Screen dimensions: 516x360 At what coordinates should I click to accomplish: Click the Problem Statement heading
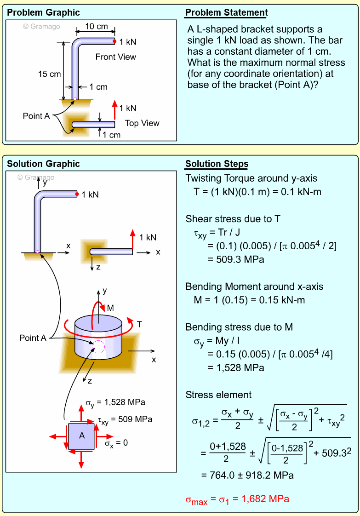(226, 12)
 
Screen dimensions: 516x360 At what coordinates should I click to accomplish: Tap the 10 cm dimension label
(97, 27)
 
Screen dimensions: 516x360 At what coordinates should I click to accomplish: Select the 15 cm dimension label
(49, 74)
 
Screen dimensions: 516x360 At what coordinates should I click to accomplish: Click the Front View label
(116, 57)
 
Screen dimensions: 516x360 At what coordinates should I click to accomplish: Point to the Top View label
(142, 123)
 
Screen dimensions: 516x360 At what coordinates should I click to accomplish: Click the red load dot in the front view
(114, 41)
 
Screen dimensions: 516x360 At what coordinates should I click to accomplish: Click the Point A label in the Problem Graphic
(36, 116)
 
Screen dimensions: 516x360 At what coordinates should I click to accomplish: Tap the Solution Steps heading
(217, 164)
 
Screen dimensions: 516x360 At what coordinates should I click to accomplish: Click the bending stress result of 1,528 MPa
(236, 368)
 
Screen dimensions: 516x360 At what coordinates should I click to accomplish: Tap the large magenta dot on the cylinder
(98, 347)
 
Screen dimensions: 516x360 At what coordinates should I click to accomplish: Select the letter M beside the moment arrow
(110, 308)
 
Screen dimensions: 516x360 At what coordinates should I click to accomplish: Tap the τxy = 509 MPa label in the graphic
(125, 419)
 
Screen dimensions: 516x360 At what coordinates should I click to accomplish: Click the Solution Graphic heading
(43, 164)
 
